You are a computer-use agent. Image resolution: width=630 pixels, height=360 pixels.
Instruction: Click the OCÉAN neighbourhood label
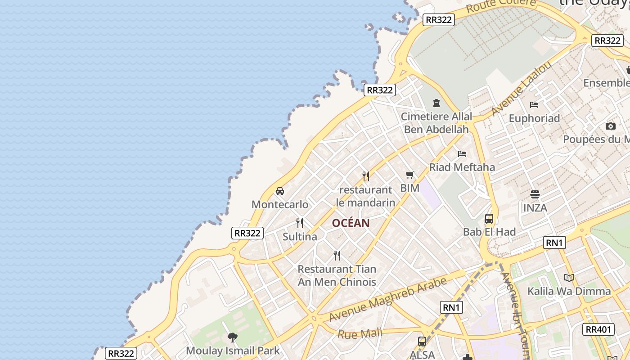[x=351, y=223]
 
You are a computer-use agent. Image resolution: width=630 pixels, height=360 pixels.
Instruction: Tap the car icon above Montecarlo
[x=280, y=191]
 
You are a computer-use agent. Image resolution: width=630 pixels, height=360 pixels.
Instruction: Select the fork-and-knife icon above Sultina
[x=300, y=223]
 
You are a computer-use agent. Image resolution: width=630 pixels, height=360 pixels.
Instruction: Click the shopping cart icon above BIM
[x=409, y=175]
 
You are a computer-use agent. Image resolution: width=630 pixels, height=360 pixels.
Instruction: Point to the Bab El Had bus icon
[x=489, y=219]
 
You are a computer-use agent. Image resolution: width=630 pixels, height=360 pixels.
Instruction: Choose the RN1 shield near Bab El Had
[x=554, y=243]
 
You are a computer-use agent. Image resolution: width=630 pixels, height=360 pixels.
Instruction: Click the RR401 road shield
[x=598, y=329]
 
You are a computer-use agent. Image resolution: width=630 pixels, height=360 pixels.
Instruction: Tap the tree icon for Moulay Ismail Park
[x=233, y=337]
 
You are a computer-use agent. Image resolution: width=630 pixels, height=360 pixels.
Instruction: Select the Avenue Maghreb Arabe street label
[x=388, y=299]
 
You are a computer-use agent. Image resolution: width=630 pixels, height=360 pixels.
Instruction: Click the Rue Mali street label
[x=360, y=333]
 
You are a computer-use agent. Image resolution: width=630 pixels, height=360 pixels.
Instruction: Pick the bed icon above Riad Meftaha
[x=462, y=154]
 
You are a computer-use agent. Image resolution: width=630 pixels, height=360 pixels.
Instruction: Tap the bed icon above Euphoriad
[x=534, y=105]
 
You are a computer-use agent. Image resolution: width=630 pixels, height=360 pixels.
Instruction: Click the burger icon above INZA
[x=535, y=194]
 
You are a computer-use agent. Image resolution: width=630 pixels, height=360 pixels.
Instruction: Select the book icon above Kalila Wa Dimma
[x=569, y=278]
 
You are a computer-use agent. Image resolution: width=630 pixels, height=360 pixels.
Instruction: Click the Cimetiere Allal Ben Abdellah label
[x=436, y=123]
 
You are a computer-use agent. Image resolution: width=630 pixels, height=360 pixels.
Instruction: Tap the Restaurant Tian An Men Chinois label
[x=337, y=275]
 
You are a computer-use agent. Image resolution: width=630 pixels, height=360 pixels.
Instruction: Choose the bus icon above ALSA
[x=422, y=342]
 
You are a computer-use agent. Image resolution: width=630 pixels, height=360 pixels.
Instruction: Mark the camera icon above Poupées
[x=610, y=126]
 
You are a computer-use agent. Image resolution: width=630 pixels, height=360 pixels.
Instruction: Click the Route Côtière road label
[x=501, y=6]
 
